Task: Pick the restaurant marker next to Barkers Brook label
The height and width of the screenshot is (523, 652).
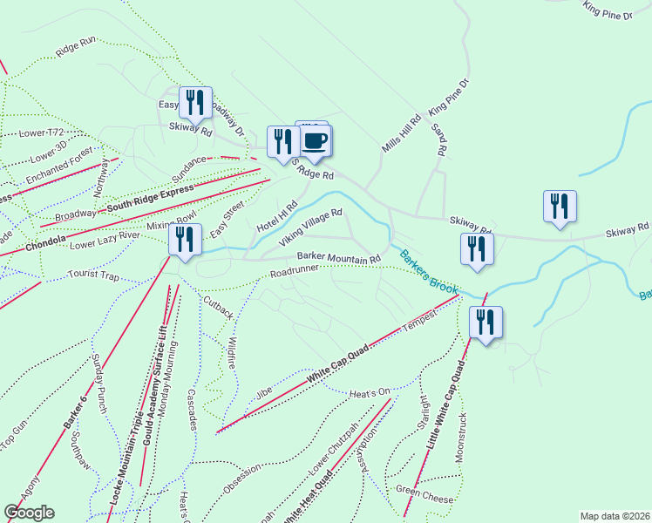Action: (x=477, y=248)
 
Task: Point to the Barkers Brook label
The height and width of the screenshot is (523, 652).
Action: (x=428, y=272)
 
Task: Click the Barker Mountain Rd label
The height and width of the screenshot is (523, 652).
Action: (x=339, y=258)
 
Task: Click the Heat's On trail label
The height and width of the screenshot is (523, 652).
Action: (x=370, y=392)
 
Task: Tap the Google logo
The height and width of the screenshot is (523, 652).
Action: (x=29, y=512)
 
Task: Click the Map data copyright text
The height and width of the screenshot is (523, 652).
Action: (x=615, y=516)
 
